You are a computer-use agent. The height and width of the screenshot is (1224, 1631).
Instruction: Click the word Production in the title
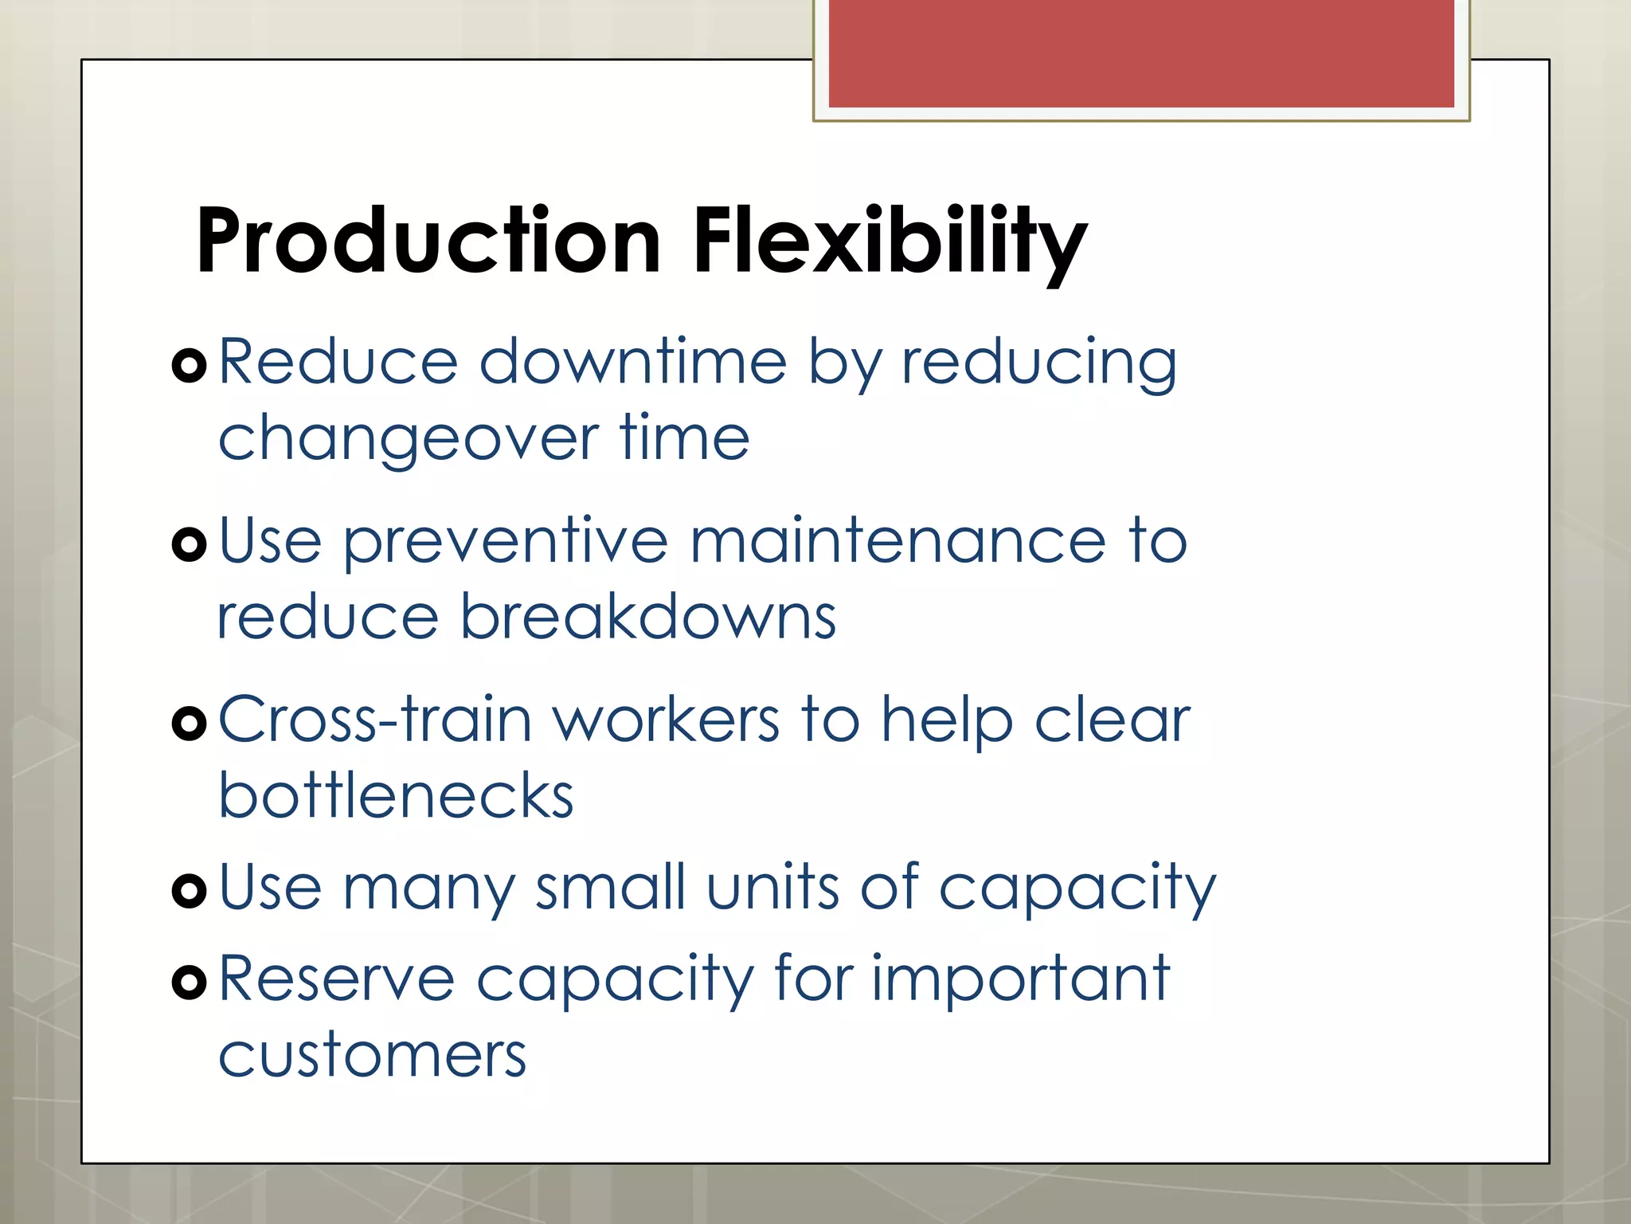pyautogui.click(x=428, y=241)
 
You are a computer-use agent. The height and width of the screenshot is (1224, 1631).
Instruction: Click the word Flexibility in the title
pyautogui.click(x=889, y=241)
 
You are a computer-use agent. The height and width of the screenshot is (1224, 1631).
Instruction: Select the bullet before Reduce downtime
pyautogui.click(x=190, y=366)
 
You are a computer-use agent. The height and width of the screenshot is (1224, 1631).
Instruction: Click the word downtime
pyautogui.click(x=633, y=363)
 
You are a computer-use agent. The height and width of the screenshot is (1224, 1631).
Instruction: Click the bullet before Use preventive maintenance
pyautogui.click(x=190, y=545)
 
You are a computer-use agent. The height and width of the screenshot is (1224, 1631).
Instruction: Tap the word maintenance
pyautogui.click(x=898, y=542)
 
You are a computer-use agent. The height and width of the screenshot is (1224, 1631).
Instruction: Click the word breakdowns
pyautogui.click(x=648, y=618)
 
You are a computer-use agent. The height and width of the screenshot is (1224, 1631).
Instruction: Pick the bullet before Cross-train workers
pyautogui.click(x=190, y=724)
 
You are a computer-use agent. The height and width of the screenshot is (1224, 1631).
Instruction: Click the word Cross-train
pyautogui.click(x=374, y=720)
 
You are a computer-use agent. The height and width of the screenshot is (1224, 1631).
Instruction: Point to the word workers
pyautogui.click(x=666, y=720)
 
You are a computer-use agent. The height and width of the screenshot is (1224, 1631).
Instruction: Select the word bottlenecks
pyautogui.click(x=396, y=796)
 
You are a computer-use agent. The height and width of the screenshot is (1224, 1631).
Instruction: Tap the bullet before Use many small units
pyautogui.click(x=190, y=891)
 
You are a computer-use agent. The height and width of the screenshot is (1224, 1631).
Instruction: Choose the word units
pyautogui.click(x=772, y=888)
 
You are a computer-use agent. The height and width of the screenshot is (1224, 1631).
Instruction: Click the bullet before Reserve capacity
pyautogui.click(x=190, y=983)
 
